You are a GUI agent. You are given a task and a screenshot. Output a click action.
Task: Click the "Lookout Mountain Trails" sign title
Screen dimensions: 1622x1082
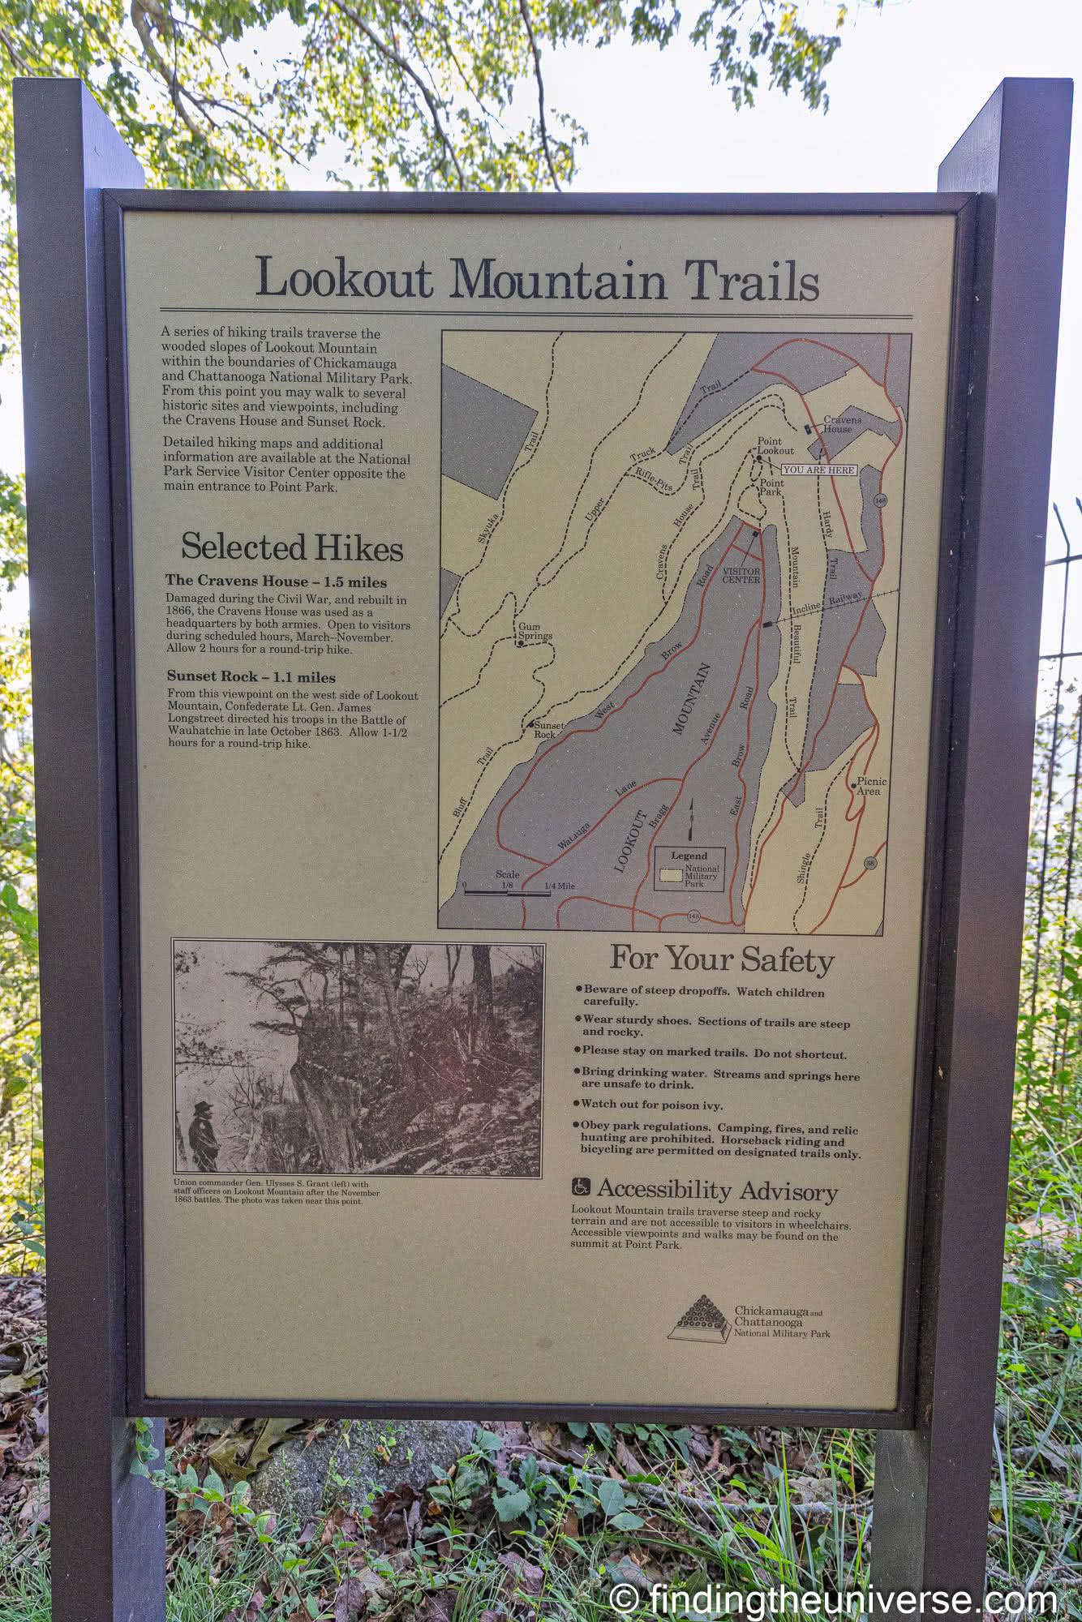537,279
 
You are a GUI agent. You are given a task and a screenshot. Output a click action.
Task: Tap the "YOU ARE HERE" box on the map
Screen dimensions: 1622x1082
818,470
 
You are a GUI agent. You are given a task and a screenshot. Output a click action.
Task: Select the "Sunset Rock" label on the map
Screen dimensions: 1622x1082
547,729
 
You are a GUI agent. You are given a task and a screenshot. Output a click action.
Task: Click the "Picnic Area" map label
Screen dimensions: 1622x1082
871,786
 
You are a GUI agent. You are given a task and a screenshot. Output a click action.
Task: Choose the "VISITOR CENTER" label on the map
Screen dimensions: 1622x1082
741,575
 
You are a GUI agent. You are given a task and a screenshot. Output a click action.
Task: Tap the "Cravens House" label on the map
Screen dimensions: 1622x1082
842,424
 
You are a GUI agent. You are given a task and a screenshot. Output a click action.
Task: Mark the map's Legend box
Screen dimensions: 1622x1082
689,869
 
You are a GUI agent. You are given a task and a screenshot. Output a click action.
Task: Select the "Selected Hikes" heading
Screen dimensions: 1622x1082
292,547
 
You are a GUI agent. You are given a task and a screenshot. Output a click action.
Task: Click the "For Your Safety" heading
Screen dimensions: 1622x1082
722,959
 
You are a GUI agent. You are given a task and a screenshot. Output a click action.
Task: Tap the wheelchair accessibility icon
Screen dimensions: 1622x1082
581,1186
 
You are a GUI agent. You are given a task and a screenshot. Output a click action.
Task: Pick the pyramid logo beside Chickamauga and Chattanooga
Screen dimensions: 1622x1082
698,1317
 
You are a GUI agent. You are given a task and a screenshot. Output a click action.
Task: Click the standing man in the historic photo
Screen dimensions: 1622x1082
203,1135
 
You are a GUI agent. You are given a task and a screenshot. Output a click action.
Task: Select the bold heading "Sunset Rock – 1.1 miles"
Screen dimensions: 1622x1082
251,676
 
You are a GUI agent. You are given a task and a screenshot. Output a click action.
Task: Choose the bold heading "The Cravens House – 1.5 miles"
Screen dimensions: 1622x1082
276,581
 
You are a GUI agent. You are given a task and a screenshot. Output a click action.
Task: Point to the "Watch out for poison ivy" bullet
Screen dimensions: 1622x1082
650,1105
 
